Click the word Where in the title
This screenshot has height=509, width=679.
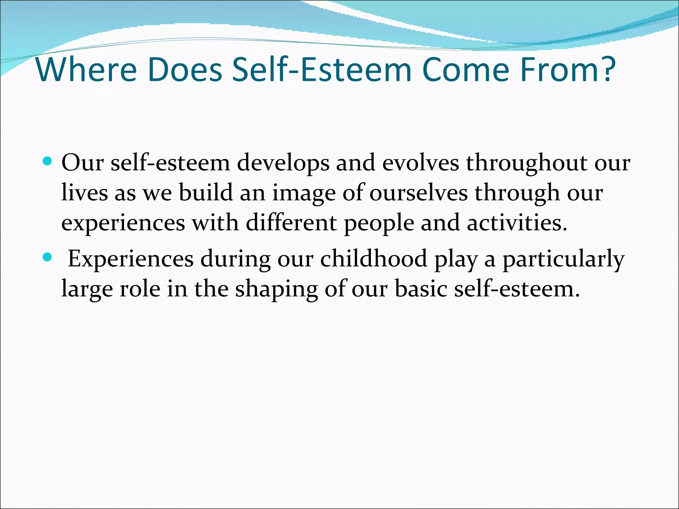[x=87, y=70]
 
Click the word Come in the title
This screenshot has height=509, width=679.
[x=465, y=70]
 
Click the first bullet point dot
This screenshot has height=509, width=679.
[x=48, y=161]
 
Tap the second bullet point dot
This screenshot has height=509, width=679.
[x=48, y=257]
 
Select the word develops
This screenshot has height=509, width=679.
[x=283, y=163]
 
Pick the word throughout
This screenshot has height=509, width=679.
[x=526, y=163]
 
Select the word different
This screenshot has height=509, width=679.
[x=291, y=223]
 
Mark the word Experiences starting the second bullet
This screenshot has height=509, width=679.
[x=131, y=259]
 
